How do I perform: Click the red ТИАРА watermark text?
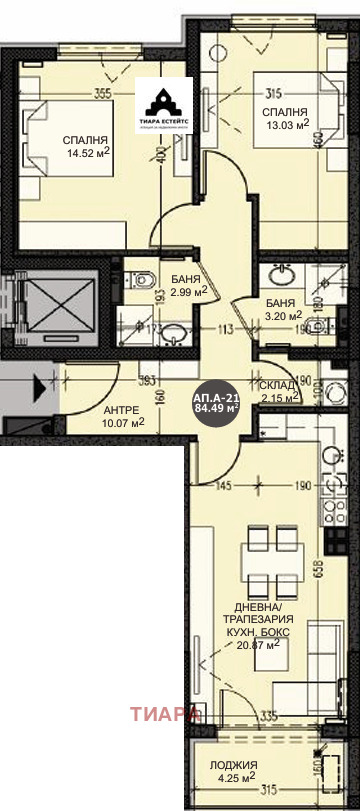164,714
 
